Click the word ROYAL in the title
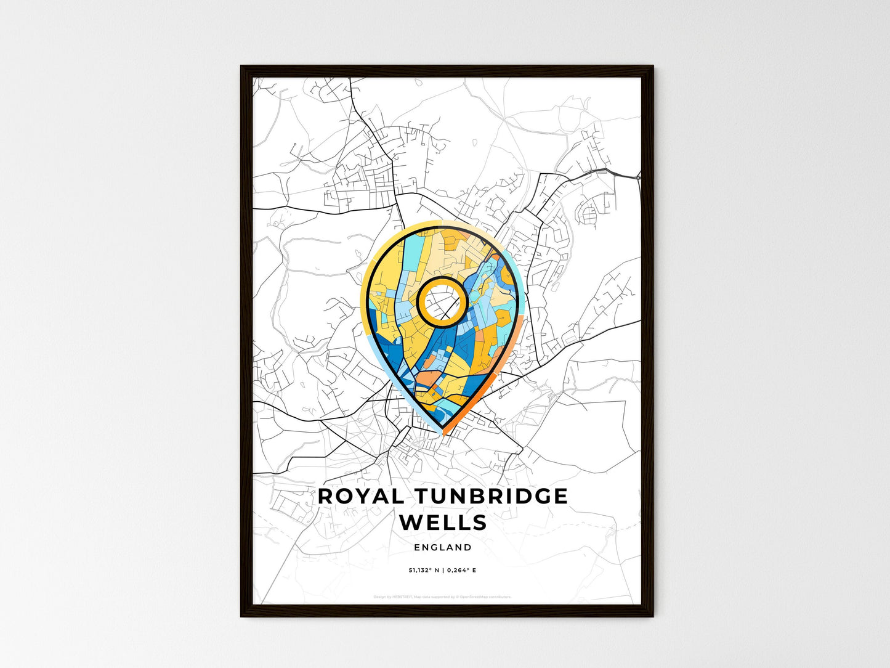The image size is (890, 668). [361, 496]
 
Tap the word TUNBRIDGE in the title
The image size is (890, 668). [490, 496]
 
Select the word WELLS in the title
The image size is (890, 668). [443, 523]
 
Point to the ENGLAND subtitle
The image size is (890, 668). [443, 547]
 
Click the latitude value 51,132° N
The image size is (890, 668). [423, 570]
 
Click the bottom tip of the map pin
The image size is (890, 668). [442, 433]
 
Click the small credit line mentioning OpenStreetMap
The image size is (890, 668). [442, 597]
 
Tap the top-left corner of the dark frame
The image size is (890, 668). [241, 67]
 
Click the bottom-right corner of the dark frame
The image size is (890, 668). [652, 616]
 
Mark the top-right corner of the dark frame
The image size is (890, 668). [652, 67]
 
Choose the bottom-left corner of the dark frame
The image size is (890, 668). [241, 616]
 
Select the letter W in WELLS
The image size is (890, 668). [411, 523]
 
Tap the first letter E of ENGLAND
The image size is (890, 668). [417, 547]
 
